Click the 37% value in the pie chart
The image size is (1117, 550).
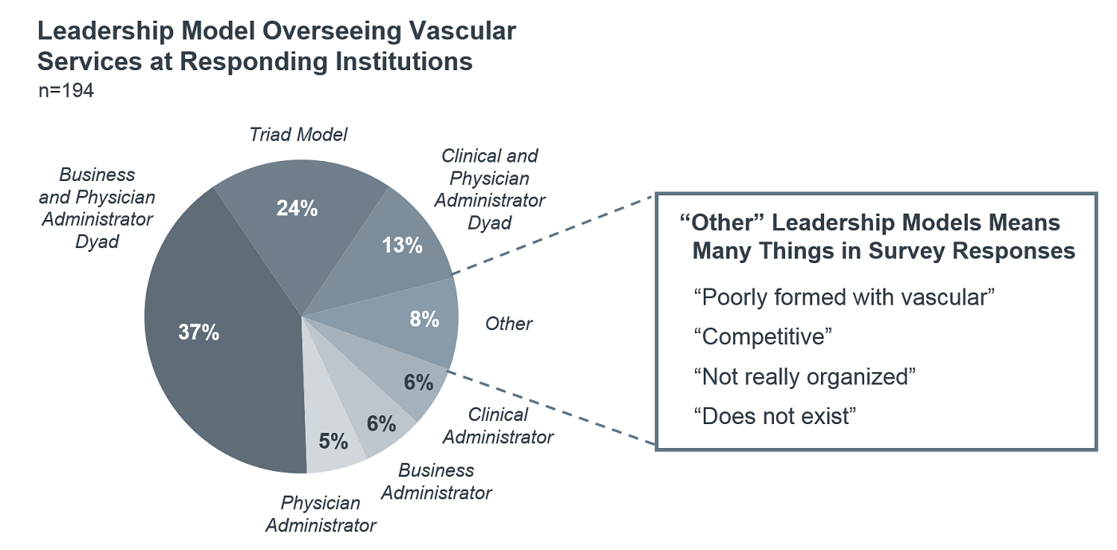tap(199, 332)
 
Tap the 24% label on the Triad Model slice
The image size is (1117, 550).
tap(297, 209)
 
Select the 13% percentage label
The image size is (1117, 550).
tap(401, 245)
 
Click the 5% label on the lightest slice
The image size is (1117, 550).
tap(334, 441)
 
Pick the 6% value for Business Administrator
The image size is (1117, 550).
tap(381, 424)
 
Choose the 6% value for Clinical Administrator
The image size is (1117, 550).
tap(419, 383)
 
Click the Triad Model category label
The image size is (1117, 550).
tap(298, 135)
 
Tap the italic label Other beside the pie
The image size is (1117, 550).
tap(508, 324)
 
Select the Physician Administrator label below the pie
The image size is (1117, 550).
tap(321, 514)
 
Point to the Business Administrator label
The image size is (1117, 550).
tap(436, 481)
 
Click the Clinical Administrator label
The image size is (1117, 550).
tap(498, 426)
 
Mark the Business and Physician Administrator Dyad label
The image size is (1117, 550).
tap(97, 208)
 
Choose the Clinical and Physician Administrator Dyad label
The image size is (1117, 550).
tap(489, 189)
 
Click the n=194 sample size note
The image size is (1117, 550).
tap(66, 91)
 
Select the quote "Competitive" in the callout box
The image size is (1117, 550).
tap(763, 336)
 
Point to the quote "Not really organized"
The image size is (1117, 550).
tap(803, 376)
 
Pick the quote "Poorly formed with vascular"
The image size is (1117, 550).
tap(844, 297)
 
